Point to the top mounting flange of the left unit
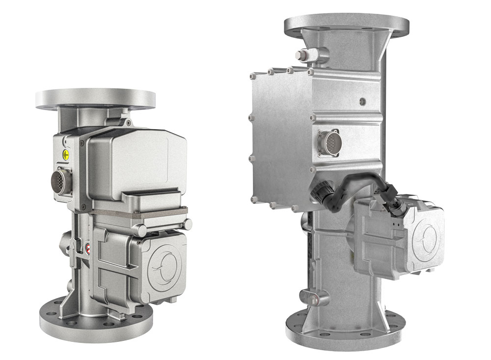coord(96,99)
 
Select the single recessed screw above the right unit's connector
coord(362,101)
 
